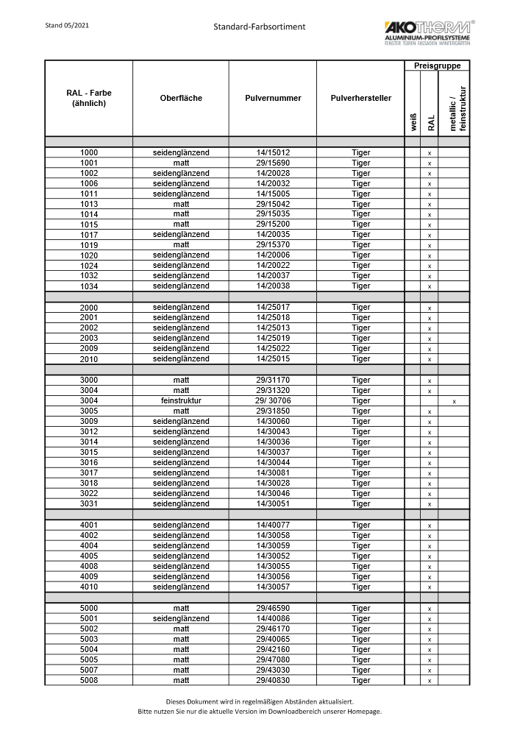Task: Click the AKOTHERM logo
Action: click(x=427, y=32)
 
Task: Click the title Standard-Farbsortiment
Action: click(x=260, y=26)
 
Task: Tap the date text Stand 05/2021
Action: click(x=67, y=25)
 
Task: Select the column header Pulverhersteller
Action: click(x=360, y=98)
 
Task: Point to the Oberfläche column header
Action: click(x=181, y=98)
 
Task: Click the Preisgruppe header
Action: click(x=437, y=66)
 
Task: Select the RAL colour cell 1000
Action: click(x=89, y=152)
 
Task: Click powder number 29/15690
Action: click(x=273, y=163)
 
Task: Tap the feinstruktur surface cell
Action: click(x=181, y=401)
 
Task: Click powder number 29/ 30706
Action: click(x=273, y=401)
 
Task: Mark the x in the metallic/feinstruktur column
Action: click(x=455, y=402)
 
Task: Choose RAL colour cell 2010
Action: click(x=89, y=359)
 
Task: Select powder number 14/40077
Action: click(x=273, y=526)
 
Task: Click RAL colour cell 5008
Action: click(x=89, y=681)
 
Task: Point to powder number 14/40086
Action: click(x=273, y=619)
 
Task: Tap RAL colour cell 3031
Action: click(x=89, y=504)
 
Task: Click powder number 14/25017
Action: click(x=273, y=308)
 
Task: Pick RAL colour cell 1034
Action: click(x=89, y=286)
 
